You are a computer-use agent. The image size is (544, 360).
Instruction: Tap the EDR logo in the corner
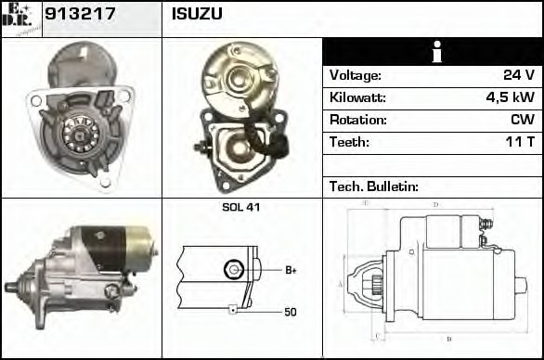[x=20, y=18]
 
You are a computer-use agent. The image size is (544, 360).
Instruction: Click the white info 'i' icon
[x=433, y=53]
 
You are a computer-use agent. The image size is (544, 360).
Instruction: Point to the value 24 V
[x=516, y=75]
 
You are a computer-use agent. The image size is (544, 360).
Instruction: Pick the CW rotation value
[x=521, y=120]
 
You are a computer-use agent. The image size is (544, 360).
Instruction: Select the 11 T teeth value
[x=518, y=142]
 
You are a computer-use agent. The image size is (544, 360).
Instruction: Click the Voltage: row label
[x=355, y=75]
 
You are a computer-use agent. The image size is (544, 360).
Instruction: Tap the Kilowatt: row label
[x=357, y=97]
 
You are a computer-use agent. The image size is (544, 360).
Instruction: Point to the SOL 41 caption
[x=240, y=207]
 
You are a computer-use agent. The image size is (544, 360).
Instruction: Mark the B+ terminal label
[x=291, y=270]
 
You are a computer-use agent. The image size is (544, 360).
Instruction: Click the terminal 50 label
[x=291, y=313]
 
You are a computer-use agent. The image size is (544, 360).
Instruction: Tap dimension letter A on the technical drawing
[x=341, y=285]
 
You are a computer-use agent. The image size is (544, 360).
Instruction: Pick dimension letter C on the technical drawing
[x=375, y=336]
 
